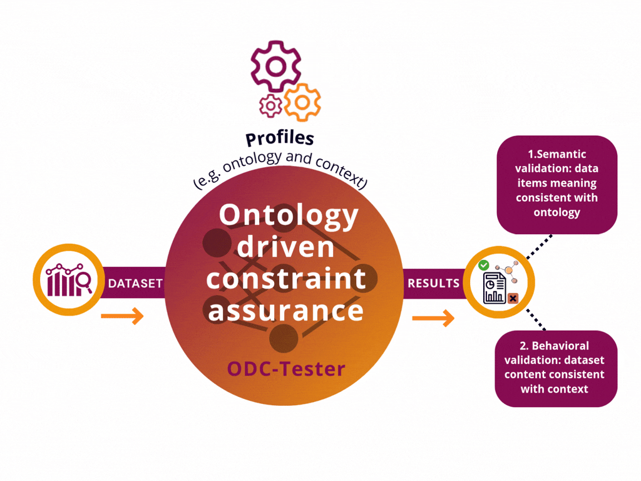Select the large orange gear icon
click(x=302, y=102)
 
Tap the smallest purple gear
click(x=270, y=106)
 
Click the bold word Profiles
click(x=279, y=138)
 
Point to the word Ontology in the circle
click(x=289, y=215)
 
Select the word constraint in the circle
click(x=287, y=279)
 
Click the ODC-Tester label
click(x=286, y=369)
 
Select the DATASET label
click(x=135, y=284)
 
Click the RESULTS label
click(x=433, y=284)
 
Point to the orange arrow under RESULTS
click(x=433, y=319)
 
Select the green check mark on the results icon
click(x=484, y=266)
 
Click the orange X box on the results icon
click(x=513, y=299)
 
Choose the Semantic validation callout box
click(x=556, y=184)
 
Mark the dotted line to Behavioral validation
click(x=536, y=321)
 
